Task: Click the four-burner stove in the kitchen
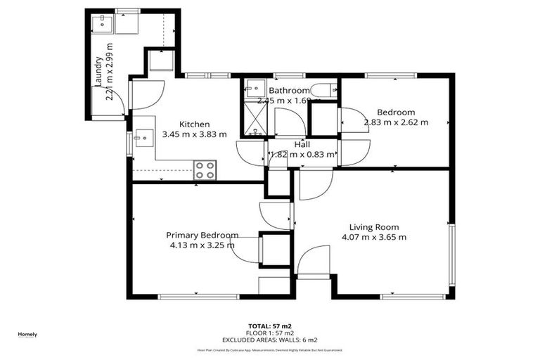(205, 169)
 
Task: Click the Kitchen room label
(194, 124)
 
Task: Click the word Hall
(303, 144)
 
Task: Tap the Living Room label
(374, 227)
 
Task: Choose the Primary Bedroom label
(202, 235)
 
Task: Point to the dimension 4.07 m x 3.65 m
(374, 237)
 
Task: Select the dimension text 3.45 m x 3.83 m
(194, 134)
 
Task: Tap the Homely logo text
(27, 334)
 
